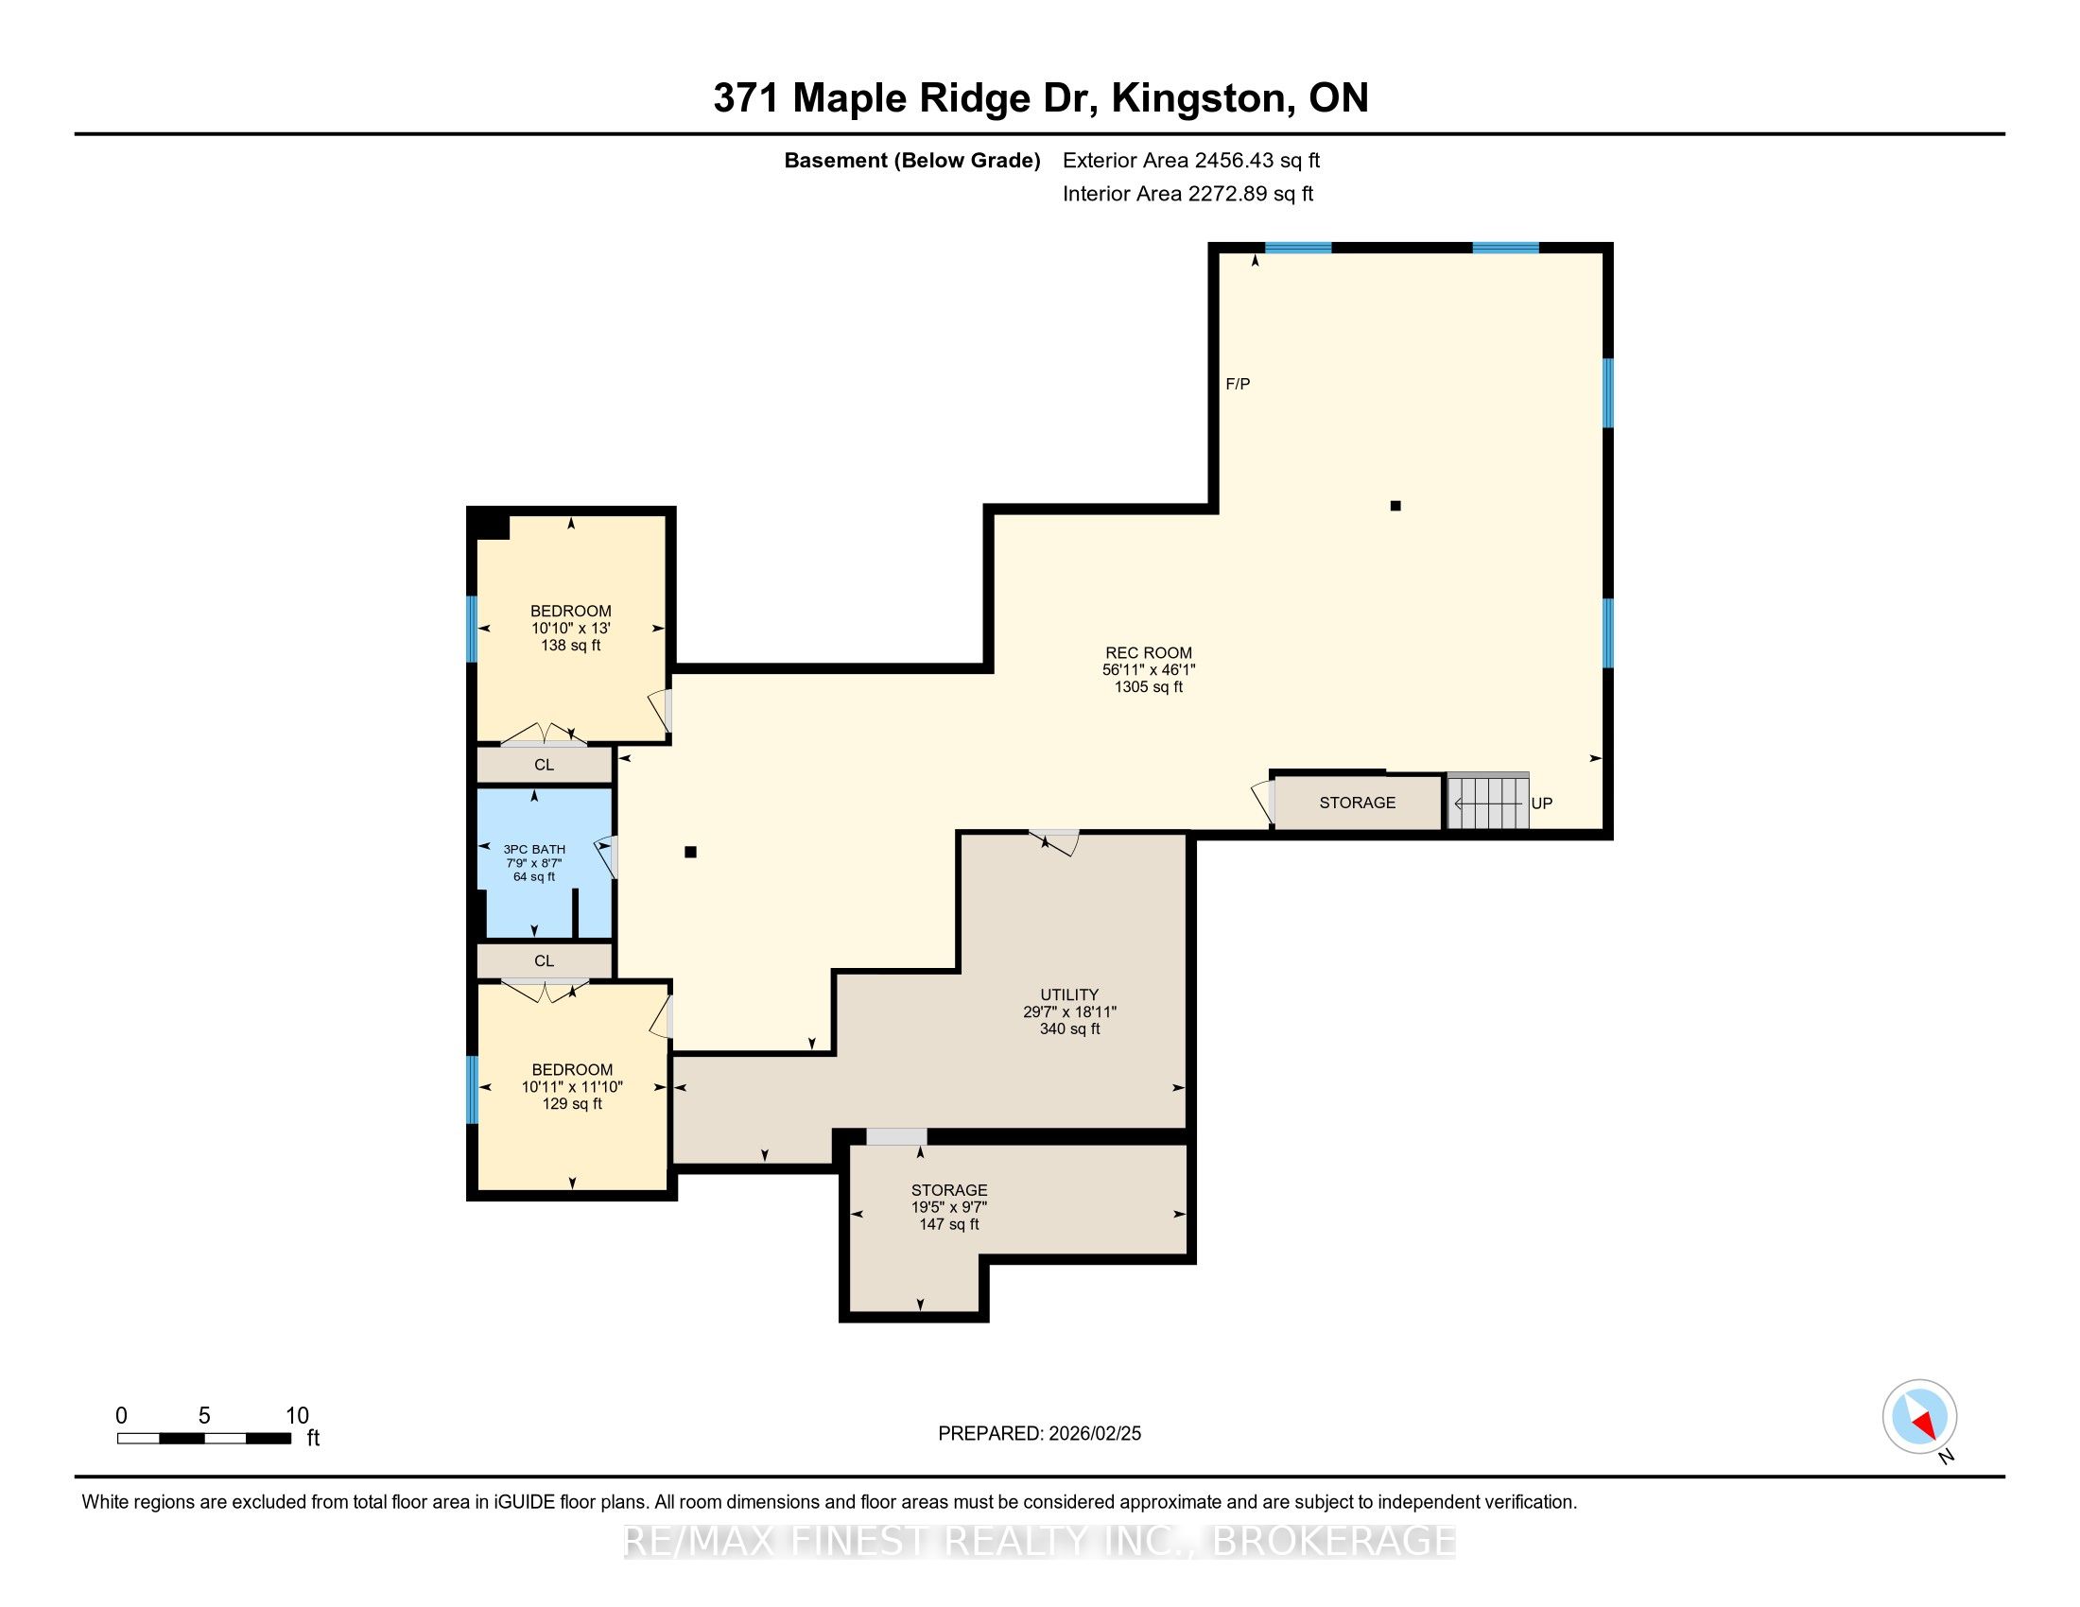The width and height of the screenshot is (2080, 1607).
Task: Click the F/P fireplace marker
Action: pyautogui.click(x=1239, y=385)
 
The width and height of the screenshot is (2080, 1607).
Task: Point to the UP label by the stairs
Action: pyautogui.click(x=1542, y=803)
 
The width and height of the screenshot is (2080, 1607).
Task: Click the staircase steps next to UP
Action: pyautogui.click(x=1488, y=802)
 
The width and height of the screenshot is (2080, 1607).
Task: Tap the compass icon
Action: pyautogui.click(x=1919, y=1416)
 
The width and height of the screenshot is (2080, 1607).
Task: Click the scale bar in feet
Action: pyautogui.click(x=204, y=1439)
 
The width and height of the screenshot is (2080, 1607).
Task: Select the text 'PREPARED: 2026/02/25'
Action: pyautogui.click(x=1039, y=1434)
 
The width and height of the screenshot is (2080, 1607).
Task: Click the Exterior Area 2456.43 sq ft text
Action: pyautogui.click(x=1191, y=161)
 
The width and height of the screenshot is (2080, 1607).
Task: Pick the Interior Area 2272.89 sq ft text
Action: pyautogui.click(x=1187, y=194)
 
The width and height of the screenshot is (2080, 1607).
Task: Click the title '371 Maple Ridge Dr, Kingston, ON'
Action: pyautogui.click(x=1041, y=98)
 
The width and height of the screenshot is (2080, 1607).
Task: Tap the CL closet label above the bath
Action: pyautogui.click(x=544, y=766)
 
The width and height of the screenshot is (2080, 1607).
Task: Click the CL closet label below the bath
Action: pyautogui.click(x=544, y=961)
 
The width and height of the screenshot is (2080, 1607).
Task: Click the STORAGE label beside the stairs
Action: pyautogui.click(x=1357, y=803)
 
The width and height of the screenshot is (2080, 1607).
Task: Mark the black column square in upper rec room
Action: pyautogui.click(x=1395, y=506)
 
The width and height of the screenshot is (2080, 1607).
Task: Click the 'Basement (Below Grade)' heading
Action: pyautogui.click(x=911, y=161)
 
